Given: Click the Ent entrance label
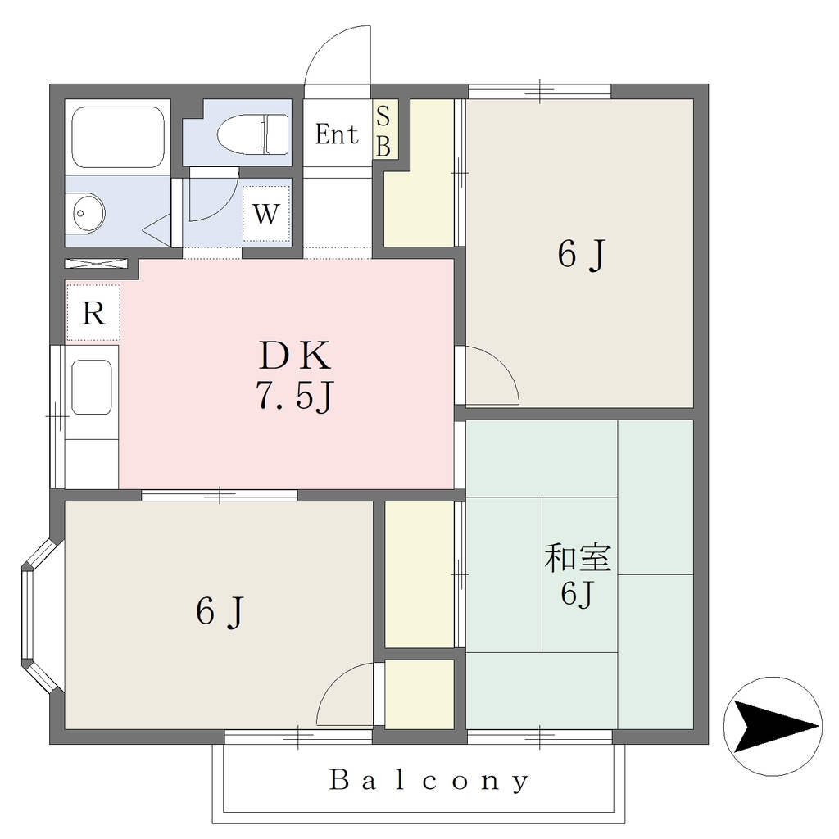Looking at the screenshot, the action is [x=336, y=134].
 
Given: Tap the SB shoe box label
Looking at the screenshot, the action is [x=383, y=130].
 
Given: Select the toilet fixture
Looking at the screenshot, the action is [x=253, y=134].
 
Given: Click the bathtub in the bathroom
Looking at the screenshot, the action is [x=118, y=137].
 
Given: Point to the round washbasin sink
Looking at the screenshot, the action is [x=88, y=213].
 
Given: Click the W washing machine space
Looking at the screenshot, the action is [x=266, y=214].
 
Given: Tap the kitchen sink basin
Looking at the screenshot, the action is [x=92, y=388].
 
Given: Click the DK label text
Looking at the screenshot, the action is [x=295, y=356].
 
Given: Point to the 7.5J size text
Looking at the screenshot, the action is [x=295, y=397].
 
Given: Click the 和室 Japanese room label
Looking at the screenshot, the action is [x=577, y=557].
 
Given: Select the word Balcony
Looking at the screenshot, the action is [x=429, y=781].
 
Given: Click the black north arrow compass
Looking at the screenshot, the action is [x=773, y=727].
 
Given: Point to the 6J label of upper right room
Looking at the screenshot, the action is [x=582, y=254].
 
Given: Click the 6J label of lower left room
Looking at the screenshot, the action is [x=220, y=611].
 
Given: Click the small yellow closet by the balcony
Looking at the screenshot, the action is [x=419, y=694].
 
